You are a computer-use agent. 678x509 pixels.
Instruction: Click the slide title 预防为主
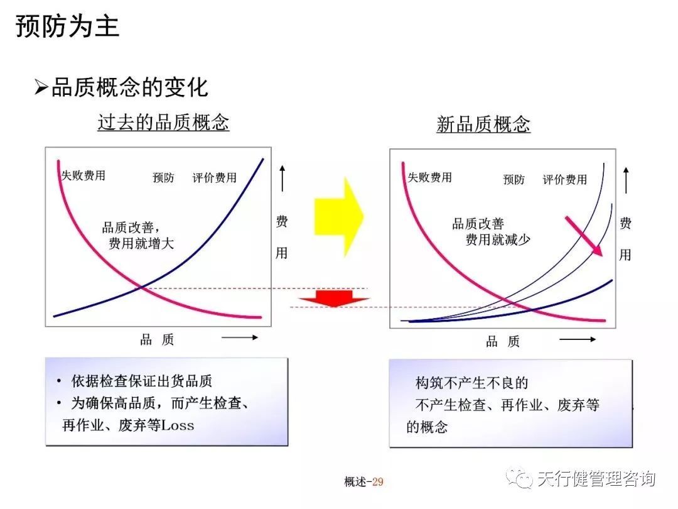[x=67, y=27]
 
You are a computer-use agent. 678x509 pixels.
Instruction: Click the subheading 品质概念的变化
[x=129, y=87]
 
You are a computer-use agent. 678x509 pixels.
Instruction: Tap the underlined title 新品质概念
[x=483, y=124]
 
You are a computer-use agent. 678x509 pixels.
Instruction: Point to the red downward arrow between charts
[x=333, y=297]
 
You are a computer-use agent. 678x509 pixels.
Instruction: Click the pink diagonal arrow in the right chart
[x=584, y=236]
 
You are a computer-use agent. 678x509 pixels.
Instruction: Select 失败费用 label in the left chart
[x=83, y=176]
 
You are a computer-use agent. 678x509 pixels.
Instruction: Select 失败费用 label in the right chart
[x=429, y=177]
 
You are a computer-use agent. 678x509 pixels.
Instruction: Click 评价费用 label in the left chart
[x=215, y=178]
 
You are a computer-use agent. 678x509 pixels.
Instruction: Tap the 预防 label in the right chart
[x=514, y=180]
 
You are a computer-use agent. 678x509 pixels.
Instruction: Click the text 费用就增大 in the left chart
[x=141, y=244]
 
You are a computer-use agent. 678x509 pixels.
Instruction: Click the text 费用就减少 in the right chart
[x=498, y=239]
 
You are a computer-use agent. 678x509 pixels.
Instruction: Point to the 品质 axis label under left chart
[x=157, y=340]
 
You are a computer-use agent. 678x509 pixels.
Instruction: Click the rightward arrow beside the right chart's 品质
[x=578, y=339]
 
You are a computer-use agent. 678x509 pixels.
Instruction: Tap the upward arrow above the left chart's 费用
[x=282, y=178]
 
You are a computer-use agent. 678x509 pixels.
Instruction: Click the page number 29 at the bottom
[x=377, y=482]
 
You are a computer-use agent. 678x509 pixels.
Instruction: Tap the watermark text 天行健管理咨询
[x=595, y=479]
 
